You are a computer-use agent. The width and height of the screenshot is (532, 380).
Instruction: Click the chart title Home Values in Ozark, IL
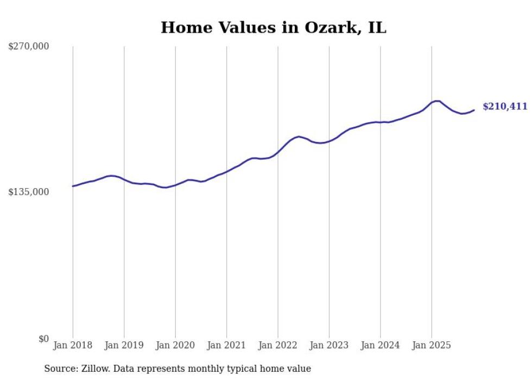point(274,28)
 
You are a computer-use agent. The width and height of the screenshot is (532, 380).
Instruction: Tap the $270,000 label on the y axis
point(29,47)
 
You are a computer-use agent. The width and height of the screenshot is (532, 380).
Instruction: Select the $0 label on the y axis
point(43,339)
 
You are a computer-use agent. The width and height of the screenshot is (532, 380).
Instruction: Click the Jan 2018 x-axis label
point(73,345)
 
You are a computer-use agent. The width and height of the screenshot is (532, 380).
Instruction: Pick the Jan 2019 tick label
point(124,345)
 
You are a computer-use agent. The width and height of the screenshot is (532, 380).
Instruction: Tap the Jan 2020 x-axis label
point(175,345)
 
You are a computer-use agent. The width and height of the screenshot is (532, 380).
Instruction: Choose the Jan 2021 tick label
point(226,345)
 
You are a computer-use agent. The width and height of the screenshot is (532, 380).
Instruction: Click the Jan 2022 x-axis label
point(278,345)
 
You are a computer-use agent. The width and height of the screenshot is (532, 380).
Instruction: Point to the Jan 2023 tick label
point(329,345)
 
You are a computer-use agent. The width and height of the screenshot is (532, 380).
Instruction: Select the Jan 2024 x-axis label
point(381,345)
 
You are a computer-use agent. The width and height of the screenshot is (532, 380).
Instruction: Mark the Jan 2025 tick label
point(432,345)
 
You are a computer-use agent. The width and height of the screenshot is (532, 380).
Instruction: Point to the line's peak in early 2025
point(437,101)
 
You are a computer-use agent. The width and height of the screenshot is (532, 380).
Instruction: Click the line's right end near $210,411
point(474,110)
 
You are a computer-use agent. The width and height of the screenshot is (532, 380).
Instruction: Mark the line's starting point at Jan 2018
point(73,186)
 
